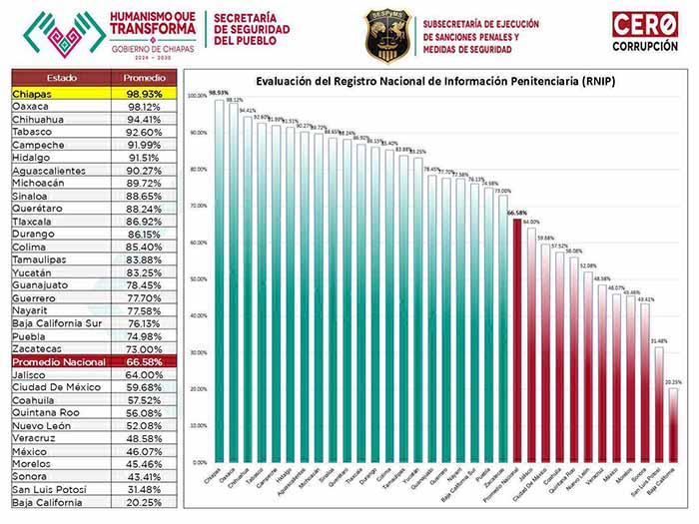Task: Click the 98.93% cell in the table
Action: tap(144, 92)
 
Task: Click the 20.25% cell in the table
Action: tap(144, 502)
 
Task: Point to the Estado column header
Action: tap(60, 78)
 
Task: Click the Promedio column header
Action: tap(144, 78)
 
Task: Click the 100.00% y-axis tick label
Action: tap(197, 96)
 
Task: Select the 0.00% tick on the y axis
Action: tap(199, 462)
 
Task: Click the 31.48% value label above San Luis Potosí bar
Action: tap(659, 340)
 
